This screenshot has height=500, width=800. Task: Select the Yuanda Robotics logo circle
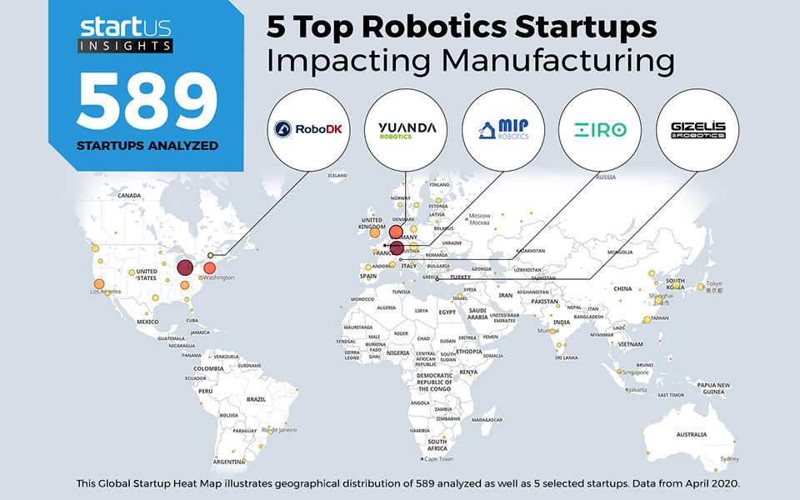[x=406, y=130]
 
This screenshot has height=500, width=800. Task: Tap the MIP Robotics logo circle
[x=502, y=130]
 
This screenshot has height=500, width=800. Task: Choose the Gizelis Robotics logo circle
[x=697, y=130]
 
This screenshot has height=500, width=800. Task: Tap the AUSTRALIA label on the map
[x=692, y=434]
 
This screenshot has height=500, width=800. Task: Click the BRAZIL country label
[x=256, y=399]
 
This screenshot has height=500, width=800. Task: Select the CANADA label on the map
[x=129, y=195]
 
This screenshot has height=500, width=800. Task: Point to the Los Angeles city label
[x=106, y=292]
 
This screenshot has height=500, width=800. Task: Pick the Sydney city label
[x=729, y=459]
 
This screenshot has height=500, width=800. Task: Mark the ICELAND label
[x=337, y=176]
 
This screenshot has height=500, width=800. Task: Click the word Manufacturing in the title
[x=470, y=61]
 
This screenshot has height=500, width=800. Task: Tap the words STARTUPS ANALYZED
[x=147, y=146]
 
